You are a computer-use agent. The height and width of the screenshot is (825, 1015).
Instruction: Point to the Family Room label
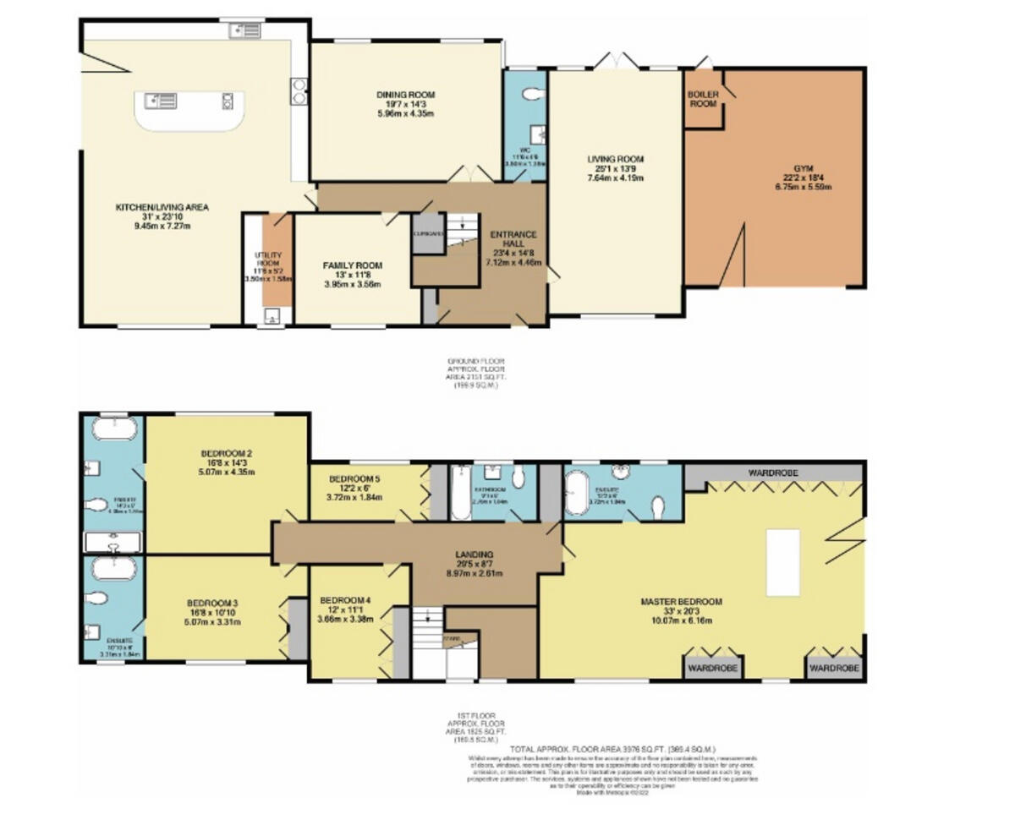tap(352, 265)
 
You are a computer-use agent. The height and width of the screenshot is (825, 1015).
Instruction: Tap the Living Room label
tap(616, 159)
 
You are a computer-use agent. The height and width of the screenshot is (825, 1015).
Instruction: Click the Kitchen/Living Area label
tap(162, 206)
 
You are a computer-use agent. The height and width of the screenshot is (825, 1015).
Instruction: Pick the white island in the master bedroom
tap(782, 562)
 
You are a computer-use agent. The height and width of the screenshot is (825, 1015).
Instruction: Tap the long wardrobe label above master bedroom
tap(773, 472)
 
